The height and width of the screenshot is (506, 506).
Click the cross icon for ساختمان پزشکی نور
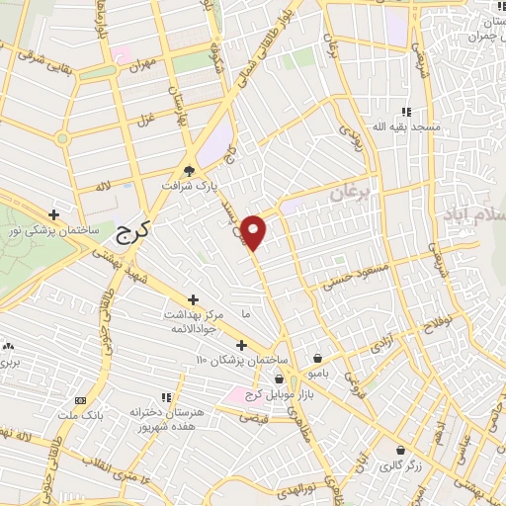tap(55, 213)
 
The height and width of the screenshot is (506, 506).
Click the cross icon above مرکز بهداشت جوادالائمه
tap(193, 299)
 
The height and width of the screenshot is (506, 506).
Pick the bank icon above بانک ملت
tap(81, 400)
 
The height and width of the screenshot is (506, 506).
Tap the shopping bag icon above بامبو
tap(316, 360)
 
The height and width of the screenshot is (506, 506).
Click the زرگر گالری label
tap(404, 464)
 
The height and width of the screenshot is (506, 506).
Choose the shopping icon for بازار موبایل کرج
tap(280, 379)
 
